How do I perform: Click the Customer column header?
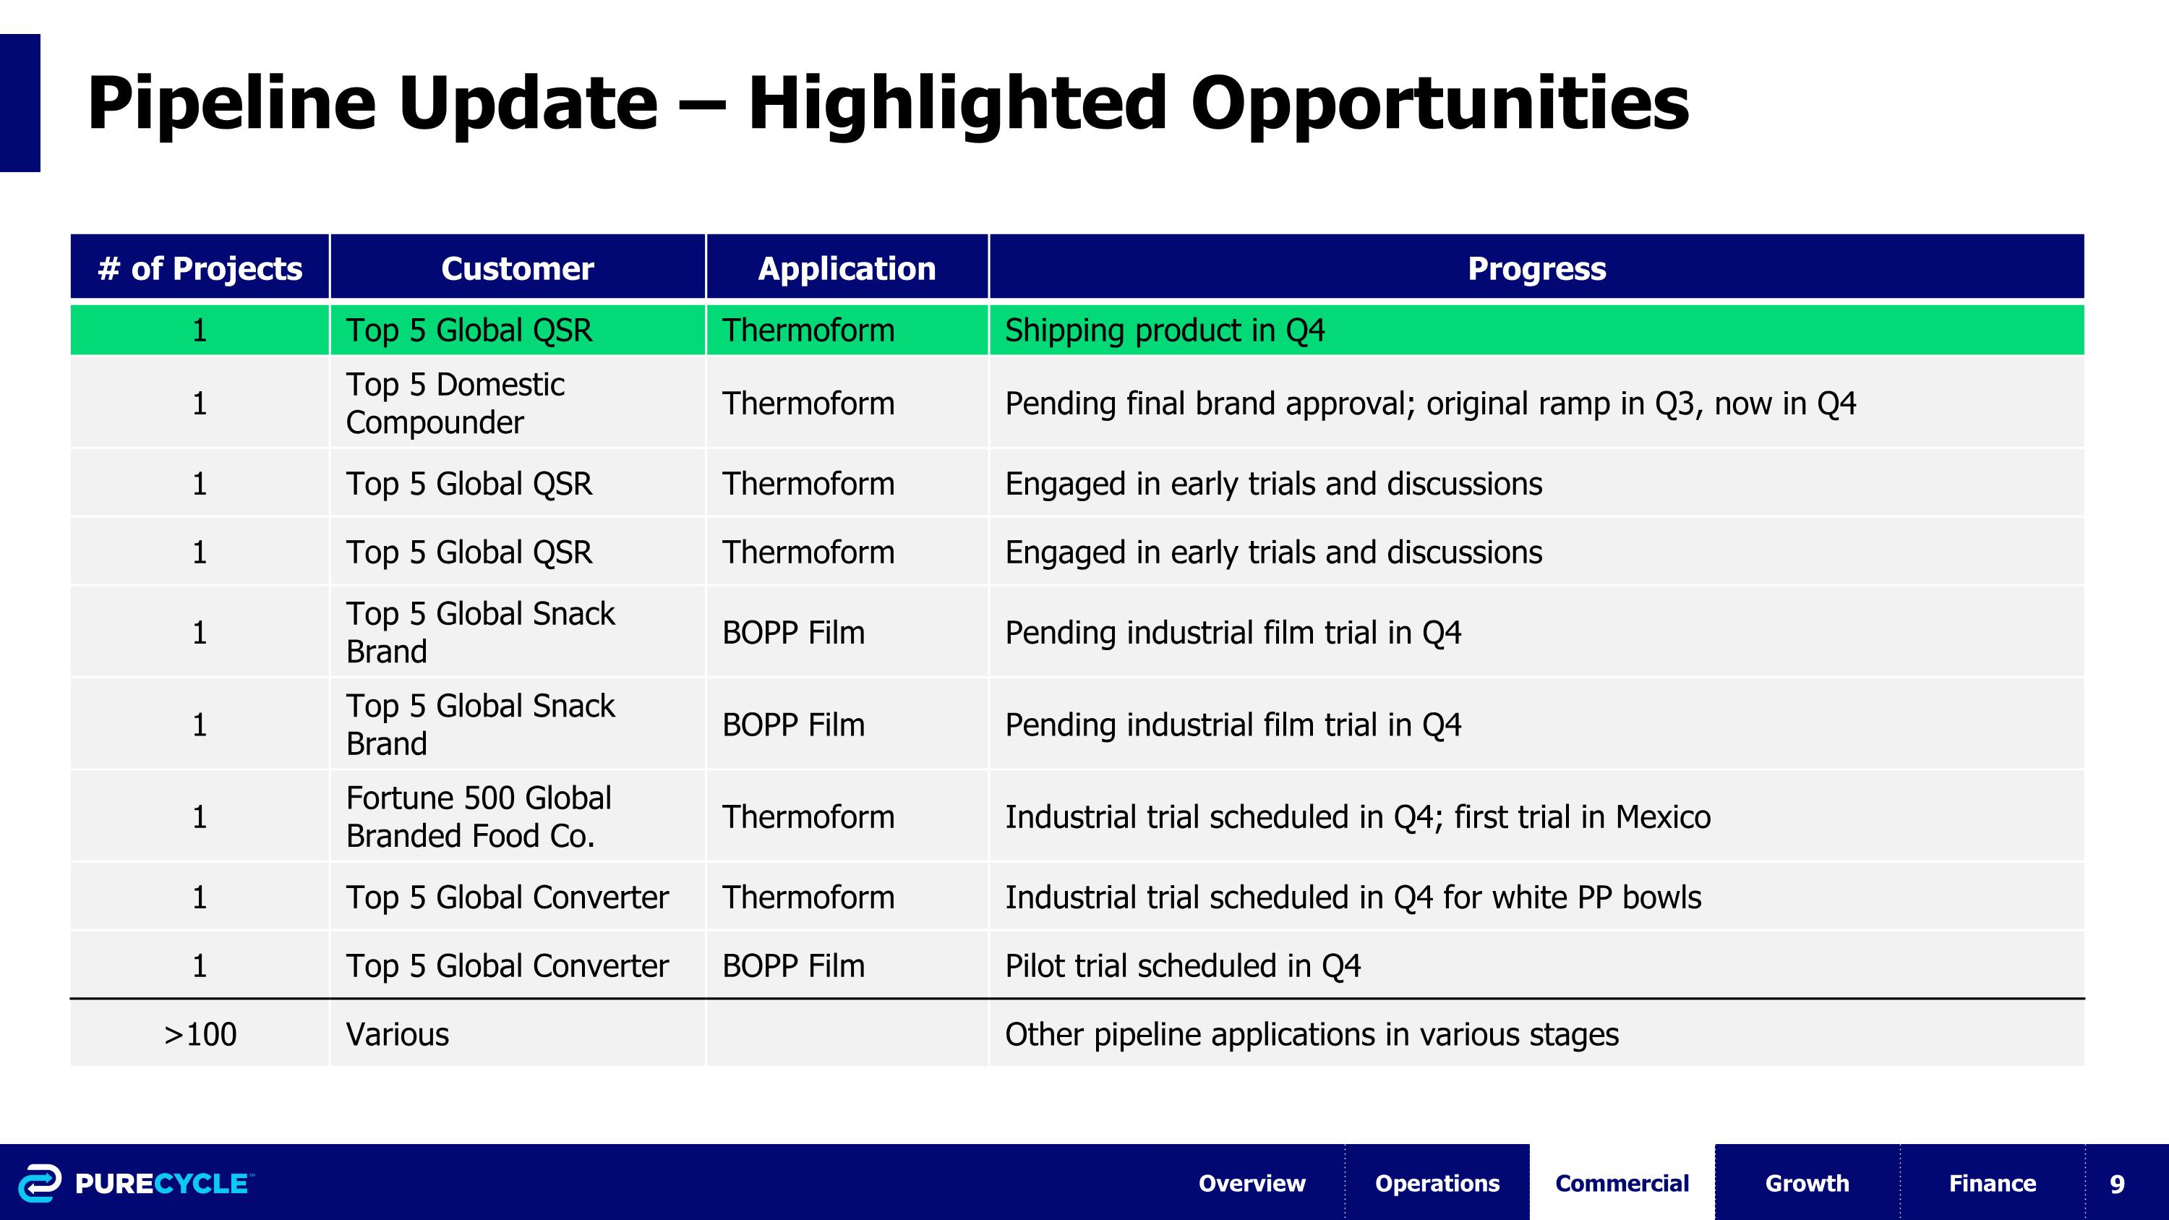point(517,268)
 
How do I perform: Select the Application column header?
point(846,268)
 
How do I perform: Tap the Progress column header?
point(1536,268)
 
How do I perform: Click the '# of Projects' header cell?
point(200,268)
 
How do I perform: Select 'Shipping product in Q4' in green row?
point(1165,330)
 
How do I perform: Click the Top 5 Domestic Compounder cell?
point(455,404)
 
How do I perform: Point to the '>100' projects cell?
point(200,1034)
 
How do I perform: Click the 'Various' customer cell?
point(398,1034)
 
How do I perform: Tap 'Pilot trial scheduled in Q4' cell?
point(1182,965)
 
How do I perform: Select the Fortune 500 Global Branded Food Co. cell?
point(478,816)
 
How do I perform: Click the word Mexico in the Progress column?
point(1663,816)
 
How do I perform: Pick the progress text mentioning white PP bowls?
point(1352,897)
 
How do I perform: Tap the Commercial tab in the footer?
point(1622,1183)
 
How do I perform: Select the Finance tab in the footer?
point(1992,1183)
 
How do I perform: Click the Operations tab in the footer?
point(1437,1183)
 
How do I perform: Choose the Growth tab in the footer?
point(1807,1183)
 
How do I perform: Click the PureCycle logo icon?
point(40,1183)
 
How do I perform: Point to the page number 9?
point(2117,1184)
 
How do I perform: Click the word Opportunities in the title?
point(1439,103)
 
